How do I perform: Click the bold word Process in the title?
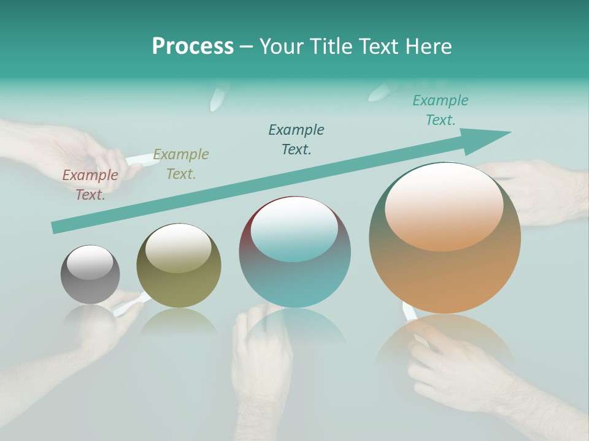(x=193, y=46)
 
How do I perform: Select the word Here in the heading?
(x=429, y=46)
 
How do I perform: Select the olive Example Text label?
(x=181, y=164)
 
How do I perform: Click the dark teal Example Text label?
(x=296, y=139)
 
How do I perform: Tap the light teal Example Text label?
(x=441, y=110)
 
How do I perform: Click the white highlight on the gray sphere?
(x=90, y=263)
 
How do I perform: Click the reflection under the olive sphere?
(x=179, y=322)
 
